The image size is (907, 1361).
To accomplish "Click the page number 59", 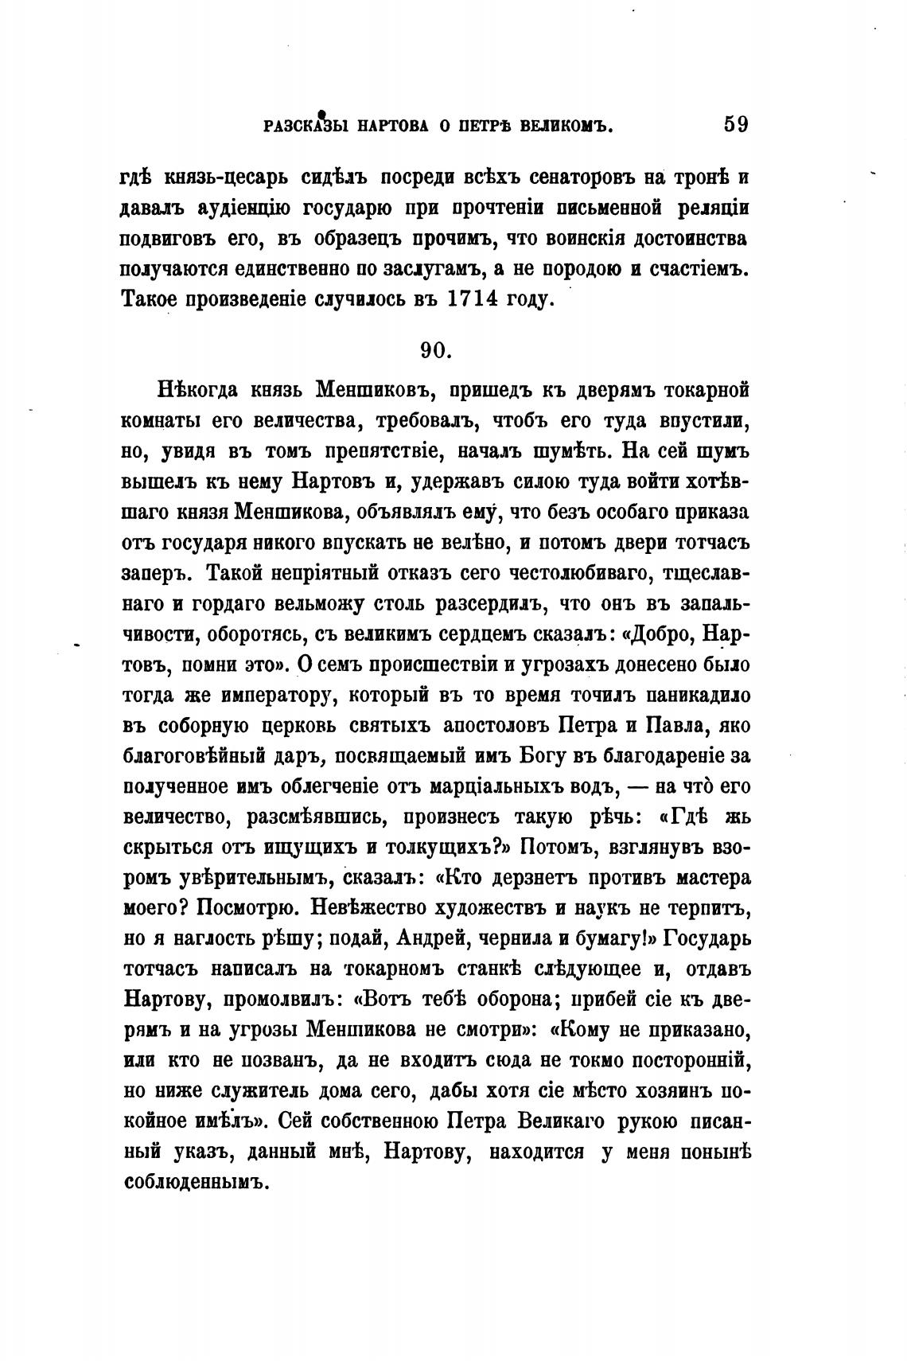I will click(x=736, y=125).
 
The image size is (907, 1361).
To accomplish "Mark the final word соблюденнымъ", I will click(x=193, y=1183).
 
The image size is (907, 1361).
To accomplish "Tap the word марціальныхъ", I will click(x=508, y=786).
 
